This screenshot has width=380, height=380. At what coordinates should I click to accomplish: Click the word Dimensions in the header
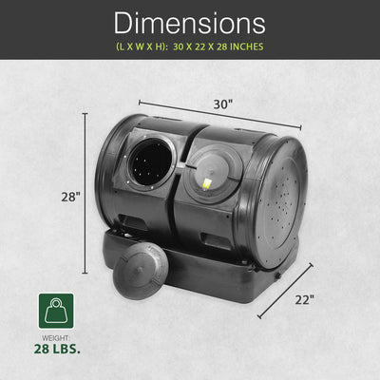click(x=189, y=23)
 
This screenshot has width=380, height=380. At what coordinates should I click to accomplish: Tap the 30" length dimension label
click(x=223, y=104)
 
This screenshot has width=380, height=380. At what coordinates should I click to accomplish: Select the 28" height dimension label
click(x=70, y=197)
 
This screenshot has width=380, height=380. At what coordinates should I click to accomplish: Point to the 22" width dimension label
click(x=305, y=299)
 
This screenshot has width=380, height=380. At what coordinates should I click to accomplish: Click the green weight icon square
click(x=56, y=311)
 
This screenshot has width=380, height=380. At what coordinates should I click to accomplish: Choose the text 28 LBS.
click(x=57, y=349)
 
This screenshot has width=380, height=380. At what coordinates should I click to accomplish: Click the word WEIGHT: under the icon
click(x=56, y=338)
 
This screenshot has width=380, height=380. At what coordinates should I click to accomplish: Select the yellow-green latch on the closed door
click(x=207, y=184)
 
